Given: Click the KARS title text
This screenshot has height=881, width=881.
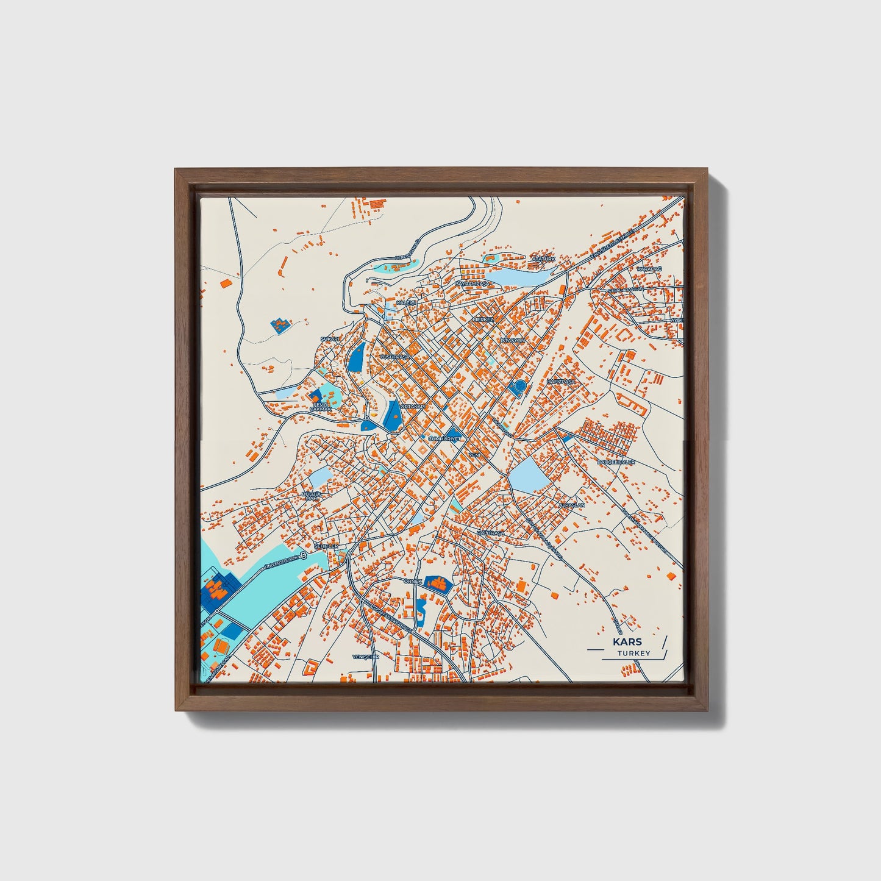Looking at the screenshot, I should [627, 642].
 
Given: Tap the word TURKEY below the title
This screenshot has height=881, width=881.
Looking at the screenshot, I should [633, 653].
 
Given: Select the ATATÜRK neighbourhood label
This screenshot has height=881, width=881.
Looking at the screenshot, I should [544, 259].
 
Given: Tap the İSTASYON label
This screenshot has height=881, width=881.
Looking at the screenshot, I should [512, 340].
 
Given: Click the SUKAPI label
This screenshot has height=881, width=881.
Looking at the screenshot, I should [329, 339].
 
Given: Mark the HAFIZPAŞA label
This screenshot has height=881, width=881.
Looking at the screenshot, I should [561, 381].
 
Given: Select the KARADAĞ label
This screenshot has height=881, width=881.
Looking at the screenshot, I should [649, 269].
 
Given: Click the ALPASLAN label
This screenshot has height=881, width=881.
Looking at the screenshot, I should [571, 505].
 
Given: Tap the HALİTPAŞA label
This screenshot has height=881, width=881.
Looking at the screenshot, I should [491, 533].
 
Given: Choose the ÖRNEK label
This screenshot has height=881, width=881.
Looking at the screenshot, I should [413, 581].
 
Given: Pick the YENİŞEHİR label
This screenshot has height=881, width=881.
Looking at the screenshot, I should [366, 657].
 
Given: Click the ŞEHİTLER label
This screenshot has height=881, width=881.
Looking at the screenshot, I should [326, 546].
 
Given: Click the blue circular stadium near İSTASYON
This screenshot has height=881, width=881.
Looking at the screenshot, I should [519, 387].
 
